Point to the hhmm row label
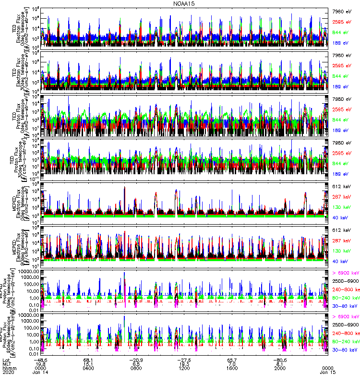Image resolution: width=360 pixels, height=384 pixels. tap(8, 368)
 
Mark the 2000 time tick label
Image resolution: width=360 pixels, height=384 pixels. tap(280, 368)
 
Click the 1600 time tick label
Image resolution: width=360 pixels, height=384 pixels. tap(232, 368)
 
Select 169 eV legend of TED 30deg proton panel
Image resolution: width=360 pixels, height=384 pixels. tap(341, 174)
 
